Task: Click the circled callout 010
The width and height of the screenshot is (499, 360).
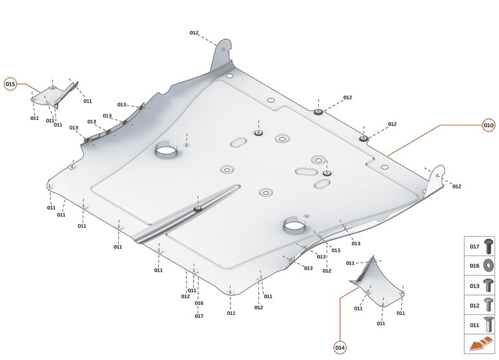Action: [489, 125]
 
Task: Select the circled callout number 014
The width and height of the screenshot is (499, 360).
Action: [340, 348]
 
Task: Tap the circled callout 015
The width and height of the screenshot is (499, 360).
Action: [10, 84]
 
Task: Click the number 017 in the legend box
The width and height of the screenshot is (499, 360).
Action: [474, 246]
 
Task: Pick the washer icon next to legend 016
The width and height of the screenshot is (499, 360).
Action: [489, 265]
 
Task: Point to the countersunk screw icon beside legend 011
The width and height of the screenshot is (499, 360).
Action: [489, 325]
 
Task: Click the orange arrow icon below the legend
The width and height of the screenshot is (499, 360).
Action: [480, 345]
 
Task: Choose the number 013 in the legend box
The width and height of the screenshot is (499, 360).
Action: [474, 285]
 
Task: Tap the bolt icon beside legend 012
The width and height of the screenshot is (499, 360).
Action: [489, 305]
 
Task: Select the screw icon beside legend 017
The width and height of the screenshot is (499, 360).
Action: [489, 245]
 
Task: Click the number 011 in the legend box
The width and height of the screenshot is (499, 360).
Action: [474, 325]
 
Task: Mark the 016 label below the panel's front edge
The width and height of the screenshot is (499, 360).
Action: [199, 303]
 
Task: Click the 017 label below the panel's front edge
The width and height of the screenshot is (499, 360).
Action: [199, 316]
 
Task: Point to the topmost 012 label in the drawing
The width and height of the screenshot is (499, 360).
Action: [194, 33]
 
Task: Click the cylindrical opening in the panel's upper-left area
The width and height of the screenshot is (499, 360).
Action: [167, 151]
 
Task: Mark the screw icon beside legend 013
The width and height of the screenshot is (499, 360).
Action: [489, 285]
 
